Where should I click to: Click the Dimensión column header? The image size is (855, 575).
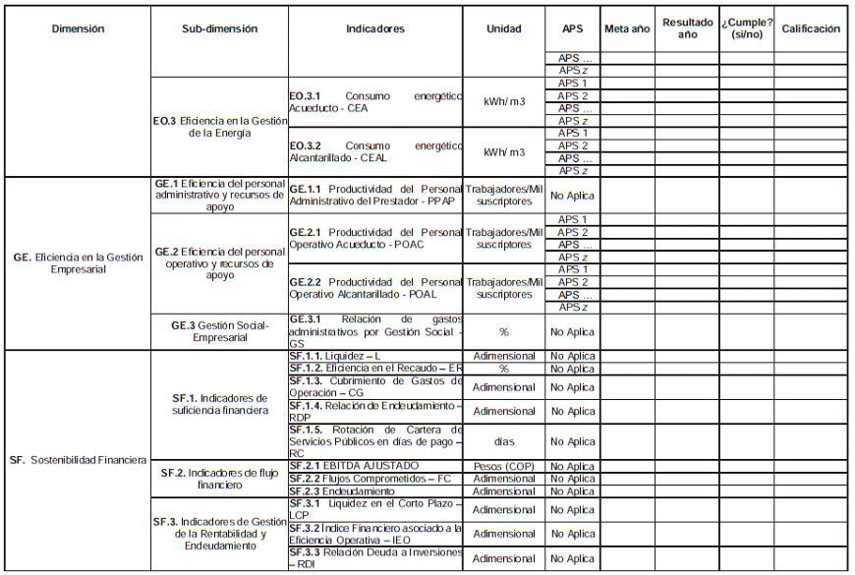78,29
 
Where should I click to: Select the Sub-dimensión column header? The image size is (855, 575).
219,29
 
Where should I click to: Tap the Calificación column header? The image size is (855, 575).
811,29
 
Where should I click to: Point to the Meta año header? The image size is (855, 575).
627,29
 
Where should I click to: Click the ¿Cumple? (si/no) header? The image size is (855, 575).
747,29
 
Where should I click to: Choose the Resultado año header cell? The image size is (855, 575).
688,29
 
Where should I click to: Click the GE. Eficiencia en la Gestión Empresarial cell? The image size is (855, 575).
78,262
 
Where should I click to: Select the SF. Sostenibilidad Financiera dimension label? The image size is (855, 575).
79,460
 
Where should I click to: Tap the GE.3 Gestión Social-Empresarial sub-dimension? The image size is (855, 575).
219,331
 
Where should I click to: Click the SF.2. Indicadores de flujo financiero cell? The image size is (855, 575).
219,479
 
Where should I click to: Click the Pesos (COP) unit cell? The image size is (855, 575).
504,466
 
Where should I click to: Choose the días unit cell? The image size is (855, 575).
504,441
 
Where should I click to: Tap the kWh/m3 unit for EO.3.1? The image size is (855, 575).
504,102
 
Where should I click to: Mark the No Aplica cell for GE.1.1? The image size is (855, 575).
572,196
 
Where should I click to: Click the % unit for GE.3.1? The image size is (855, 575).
504,332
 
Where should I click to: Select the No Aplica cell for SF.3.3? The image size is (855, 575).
572,558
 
